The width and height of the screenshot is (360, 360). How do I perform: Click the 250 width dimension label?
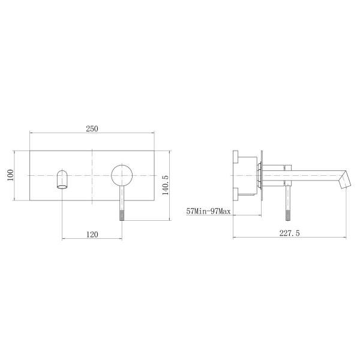click(x=92, y=129)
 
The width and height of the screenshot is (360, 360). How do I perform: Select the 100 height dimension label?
click(x=11, y=175)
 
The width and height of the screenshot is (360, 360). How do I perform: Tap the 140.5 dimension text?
click(x=166, y=185)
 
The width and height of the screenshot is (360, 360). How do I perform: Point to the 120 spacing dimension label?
click(x=92, y=235)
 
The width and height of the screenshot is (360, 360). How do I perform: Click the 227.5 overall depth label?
click(x=290, y=233)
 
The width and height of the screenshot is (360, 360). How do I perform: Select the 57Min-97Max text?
click(x=208, y=211)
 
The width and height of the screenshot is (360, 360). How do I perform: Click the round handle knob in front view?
click(x=122, y=175)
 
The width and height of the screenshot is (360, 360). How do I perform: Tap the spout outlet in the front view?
click(x=62, y=179)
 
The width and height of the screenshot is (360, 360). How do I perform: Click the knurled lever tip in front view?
click(x=122, y=214)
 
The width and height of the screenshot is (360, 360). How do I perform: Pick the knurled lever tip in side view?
click(x=288, y=214)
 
